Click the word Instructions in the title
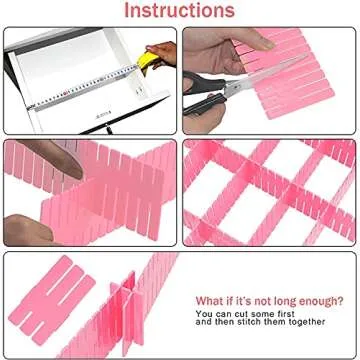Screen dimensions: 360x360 (x=180, y=11)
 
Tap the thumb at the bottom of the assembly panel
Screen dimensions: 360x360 (x=25, y=226)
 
